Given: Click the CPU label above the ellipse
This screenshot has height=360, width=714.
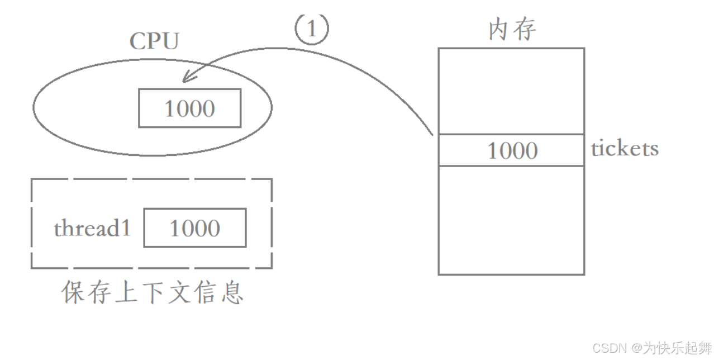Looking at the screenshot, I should click(154, 41).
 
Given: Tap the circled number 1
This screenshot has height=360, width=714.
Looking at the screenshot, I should click(312, 30).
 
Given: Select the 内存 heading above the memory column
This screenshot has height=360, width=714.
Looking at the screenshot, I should click(512, 30).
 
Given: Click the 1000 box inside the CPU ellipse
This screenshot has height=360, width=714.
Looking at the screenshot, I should click(189, 108).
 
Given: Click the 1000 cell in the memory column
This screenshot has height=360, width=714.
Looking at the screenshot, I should click(511, 150).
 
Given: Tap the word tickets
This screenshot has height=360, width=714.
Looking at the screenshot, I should click(625, 149).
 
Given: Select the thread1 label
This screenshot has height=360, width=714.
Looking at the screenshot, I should click(92, 228).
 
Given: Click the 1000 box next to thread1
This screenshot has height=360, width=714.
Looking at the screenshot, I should click(194, 228).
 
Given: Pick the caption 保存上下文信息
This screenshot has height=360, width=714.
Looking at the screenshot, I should click(152, 292).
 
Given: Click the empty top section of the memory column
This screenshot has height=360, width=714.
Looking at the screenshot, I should click(511, 91).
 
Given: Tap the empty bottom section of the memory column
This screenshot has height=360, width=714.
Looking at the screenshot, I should click(511, 220).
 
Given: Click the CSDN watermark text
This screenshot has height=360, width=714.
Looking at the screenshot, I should click(608, 348).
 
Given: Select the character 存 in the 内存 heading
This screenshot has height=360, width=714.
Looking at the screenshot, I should click(525, 30).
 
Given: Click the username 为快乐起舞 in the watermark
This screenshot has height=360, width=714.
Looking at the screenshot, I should click(677, 348).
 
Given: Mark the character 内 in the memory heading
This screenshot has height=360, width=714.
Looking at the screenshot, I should click(499, 30).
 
